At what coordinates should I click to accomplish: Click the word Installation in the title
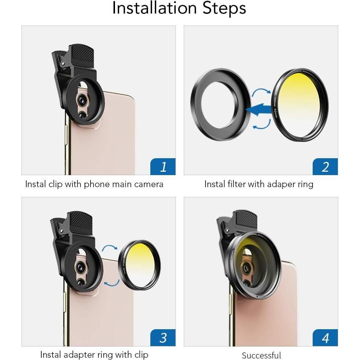(x=154, y=9)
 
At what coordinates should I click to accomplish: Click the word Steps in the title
(x=224, y=9)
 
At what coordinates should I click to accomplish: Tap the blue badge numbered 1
(x=163, y=166)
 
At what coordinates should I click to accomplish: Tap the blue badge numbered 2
(x=325, y=166)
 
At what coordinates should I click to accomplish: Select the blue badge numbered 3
(x=163, y=337)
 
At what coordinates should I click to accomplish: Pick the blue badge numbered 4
(x=325, y=337)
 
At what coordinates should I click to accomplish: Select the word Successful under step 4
(x=261, y=355)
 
